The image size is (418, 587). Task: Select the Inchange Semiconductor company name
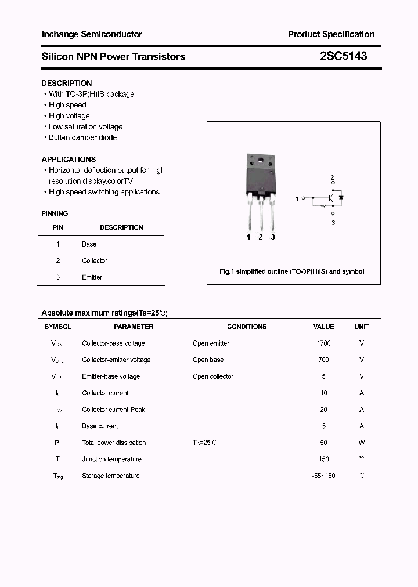tap(92, 34)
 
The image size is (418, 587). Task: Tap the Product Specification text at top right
tap(331, 34)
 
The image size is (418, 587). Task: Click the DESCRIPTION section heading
tap(67, 83)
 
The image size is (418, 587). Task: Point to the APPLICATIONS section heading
tap(69, 159)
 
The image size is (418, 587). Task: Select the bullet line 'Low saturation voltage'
tap(85, 126)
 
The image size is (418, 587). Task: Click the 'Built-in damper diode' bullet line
tap(82, 137)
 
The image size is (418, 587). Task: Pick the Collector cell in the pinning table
tap(95, 260)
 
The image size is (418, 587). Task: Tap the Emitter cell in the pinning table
tap(92, 277)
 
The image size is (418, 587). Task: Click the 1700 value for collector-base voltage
tap(323, 343)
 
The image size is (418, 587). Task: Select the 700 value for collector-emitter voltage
tap(323, 360)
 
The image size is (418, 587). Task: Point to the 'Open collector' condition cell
tap(213, 376)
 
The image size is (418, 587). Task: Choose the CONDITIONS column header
tap(247, 327)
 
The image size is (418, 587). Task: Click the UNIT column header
tap(362, 327)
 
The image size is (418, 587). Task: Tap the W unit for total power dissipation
tap(362, 443)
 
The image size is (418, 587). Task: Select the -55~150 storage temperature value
tap(323, 476)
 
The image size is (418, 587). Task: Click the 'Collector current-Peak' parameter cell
tap(114, 410)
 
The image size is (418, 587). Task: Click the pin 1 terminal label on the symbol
tap(297, 199)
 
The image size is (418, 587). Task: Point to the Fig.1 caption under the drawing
tap(292, 271)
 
